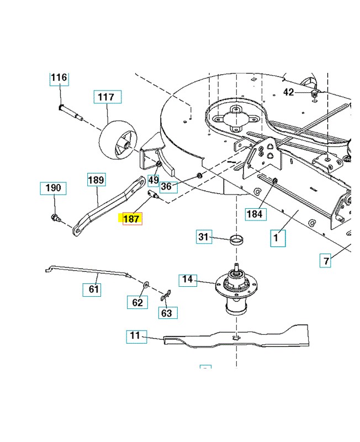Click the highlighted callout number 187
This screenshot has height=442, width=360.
pyautogui.click(x=133, y=219)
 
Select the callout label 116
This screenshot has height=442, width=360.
pyautogui.click(x=59, y=78)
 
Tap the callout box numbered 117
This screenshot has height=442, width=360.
pyautogui.click(x=107, y=97)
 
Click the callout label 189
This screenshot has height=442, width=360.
pyautogui.click(x=97, y=180)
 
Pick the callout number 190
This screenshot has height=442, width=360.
pyautogui.click(x=53, y=188)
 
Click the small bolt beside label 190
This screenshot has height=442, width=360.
pyautogui.click(x=56, y=218)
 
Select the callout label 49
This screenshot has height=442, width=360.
pyautogui.click(x=153, y=181)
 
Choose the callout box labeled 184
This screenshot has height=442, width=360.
pyautogui.click(x=256, y=214)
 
